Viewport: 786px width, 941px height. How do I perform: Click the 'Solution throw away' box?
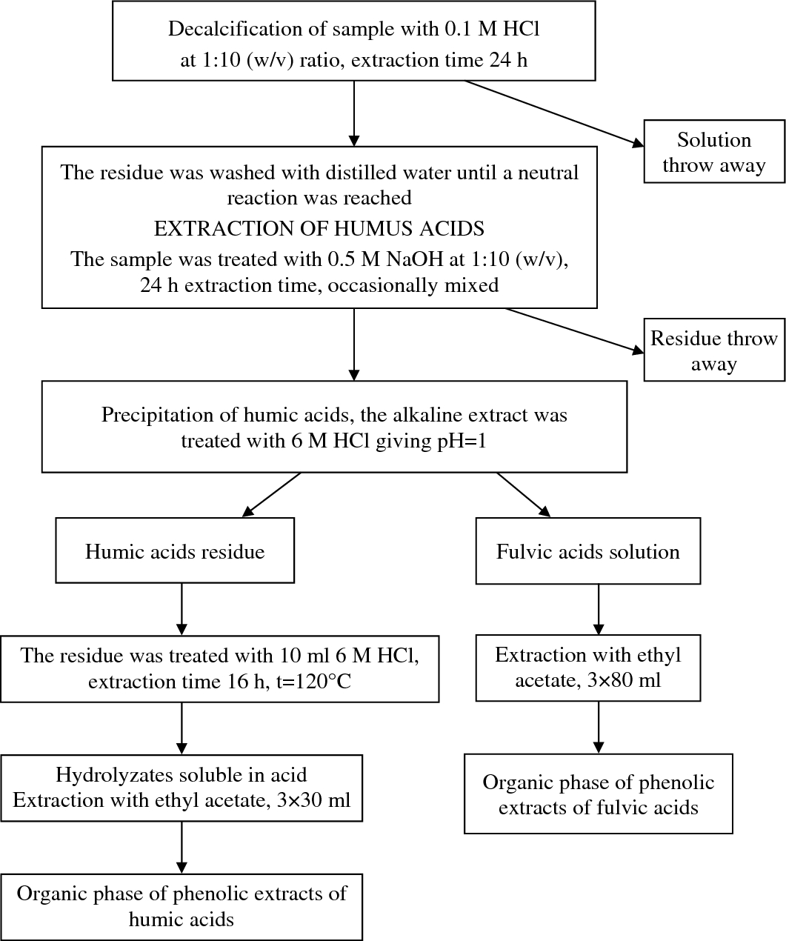713,152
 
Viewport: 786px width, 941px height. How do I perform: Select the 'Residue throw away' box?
713,350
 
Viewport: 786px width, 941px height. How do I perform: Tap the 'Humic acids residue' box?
175,551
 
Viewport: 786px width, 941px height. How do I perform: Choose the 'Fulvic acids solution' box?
587,551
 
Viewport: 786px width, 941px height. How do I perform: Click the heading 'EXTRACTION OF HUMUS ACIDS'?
319,229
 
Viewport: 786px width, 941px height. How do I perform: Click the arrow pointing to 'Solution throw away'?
552,112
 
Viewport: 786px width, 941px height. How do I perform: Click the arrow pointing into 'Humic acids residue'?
272,494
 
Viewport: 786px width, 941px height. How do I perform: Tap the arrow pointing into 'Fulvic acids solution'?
524,494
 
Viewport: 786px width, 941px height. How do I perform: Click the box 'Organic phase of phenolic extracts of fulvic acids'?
599,794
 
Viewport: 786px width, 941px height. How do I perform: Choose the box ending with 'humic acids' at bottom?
181,906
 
